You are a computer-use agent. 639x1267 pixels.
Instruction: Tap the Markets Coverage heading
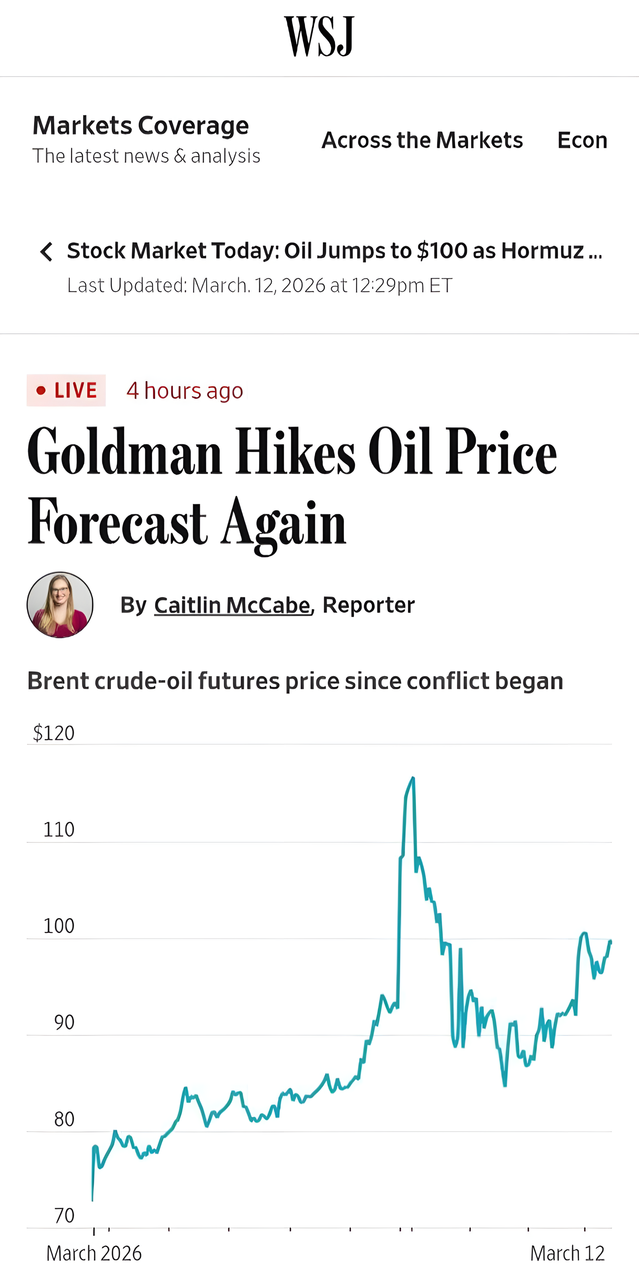pyautogui.click(x=140, y=125)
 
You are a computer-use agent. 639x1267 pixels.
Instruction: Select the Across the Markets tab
pyautogui.click(x=422, y=140)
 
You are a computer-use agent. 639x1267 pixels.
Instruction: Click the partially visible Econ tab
pyautogui.click(x=582, y=140)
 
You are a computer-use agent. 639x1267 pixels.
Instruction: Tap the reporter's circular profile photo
pyautogui.click(x=60, y=604)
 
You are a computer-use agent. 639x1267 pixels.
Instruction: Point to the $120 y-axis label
pyautogui.click(x=54, y=733)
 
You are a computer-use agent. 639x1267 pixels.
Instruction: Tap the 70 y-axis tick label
pyautogui.click(x=64, y=1215)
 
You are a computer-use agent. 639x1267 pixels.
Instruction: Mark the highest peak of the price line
pyautogui.click(x=413, y=778)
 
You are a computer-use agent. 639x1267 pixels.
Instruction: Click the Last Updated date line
pyautogui.click(x=259, y=285)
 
